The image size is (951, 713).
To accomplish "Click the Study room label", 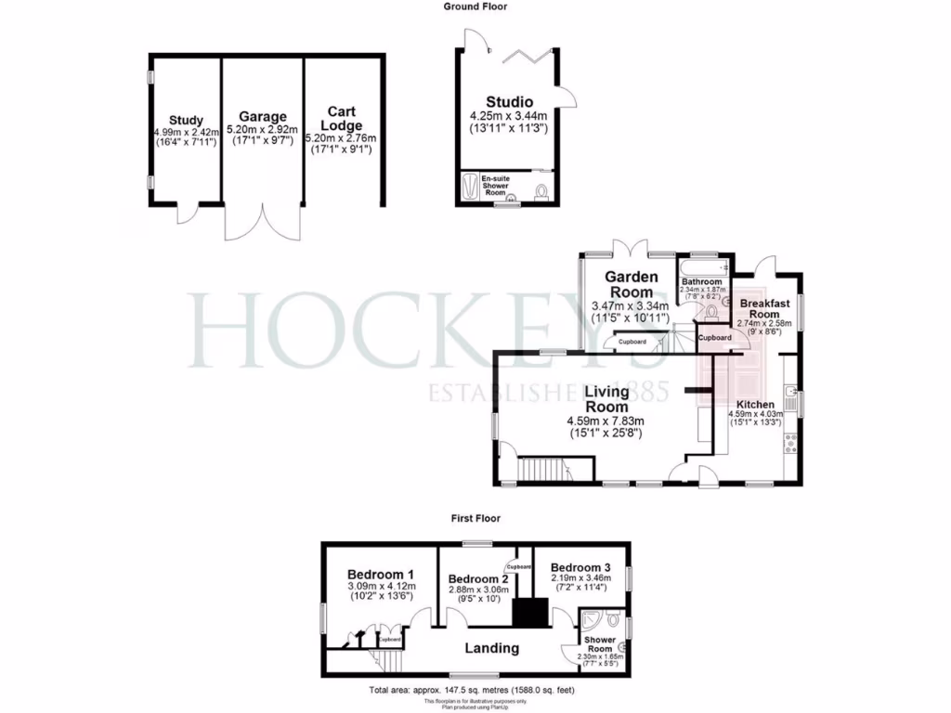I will tap(186, 120).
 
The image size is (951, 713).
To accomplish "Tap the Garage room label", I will tap(262, 118).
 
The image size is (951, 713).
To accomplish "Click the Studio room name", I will tap(509, 102).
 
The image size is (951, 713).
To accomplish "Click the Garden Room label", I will tap(632, 284).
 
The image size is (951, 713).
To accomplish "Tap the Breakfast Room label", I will tap(763, 309).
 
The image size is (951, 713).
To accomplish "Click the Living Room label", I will tap(606, 400).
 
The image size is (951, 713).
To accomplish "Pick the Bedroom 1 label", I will tap(381, 574).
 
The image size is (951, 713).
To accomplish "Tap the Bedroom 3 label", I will tap(580, 567).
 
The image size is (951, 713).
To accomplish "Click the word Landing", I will tap(491, 648).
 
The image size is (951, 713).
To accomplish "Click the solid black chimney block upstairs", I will tap(530, 613).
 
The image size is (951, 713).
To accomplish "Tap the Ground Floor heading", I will tap(475, 6).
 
